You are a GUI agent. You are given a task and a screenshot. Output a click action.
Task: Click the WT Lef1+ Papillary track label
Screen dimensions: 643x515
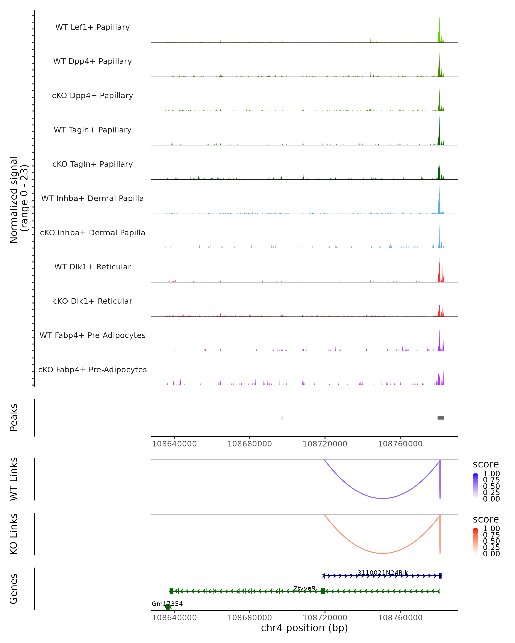[92, 27]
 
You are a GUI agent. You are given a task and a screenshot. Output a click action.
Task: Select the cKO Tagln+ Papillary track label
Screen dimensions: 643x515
[92, 164]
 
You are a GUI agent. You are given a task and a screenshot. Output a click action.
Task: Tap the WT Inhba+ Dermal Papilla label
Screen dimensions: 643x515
[92, 198]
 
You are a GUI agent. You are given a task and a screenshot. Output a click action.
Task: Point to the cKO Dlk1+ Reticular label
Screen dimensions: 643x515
[92, 301]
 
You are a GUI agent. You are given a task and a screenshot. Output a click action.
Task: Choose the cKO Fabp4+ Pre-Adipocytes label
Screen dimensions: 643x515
[92, 370]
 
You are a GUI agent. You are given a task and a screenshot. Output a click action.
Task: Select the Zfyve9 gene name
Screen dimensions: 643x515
[304, 588]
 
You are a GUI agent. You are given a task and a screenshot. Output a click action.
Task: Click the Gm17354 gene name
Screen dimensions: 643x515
[167, 604]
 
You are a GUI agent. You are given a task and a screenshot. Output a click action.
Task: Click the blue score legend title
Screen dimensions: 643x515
[485, 464]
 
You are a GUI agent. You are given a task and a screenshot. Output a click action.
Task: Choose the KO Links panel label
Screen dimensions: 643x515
[14, 534]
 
